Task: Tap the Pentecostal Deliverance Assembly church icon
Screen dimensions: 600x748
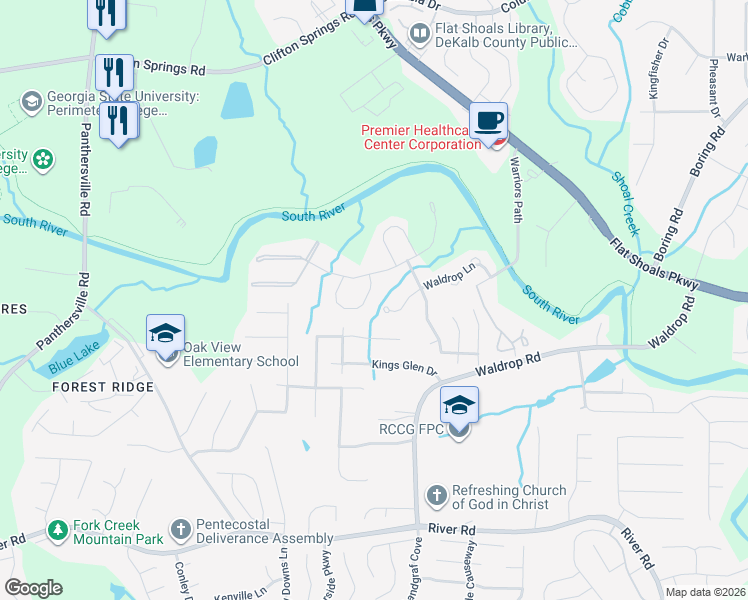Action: pyautogui.click(x=180, y=527)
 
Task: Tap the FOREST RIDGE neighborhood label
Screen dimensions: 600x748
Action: pyautogui.click(x=103, y=387)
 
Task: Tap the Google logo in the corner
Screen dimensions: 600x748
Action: pyautogui.click(x=33, y=588)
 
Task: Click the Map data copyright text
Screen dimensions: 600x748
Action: pyautogui.click(x=704, y=592)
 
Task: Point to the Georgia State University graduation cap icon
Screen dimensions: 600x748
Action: pyautogui.click(x=31, y=102)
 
